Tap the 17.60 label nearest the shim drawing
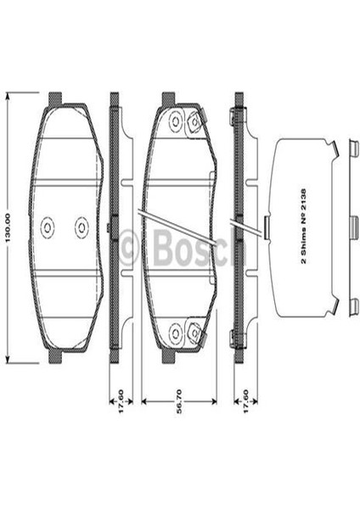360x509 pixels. [245, 401]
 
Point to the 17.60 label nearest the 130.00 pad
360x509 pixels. [121, 401]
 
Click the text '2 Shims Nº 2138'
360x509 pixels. [303, 227]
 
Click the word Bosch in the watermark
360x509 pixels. [199, 248]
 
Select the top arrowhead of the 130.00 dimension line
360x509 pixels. [8, 95]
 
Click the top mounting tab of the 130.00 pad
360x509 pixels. [54, 99]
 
